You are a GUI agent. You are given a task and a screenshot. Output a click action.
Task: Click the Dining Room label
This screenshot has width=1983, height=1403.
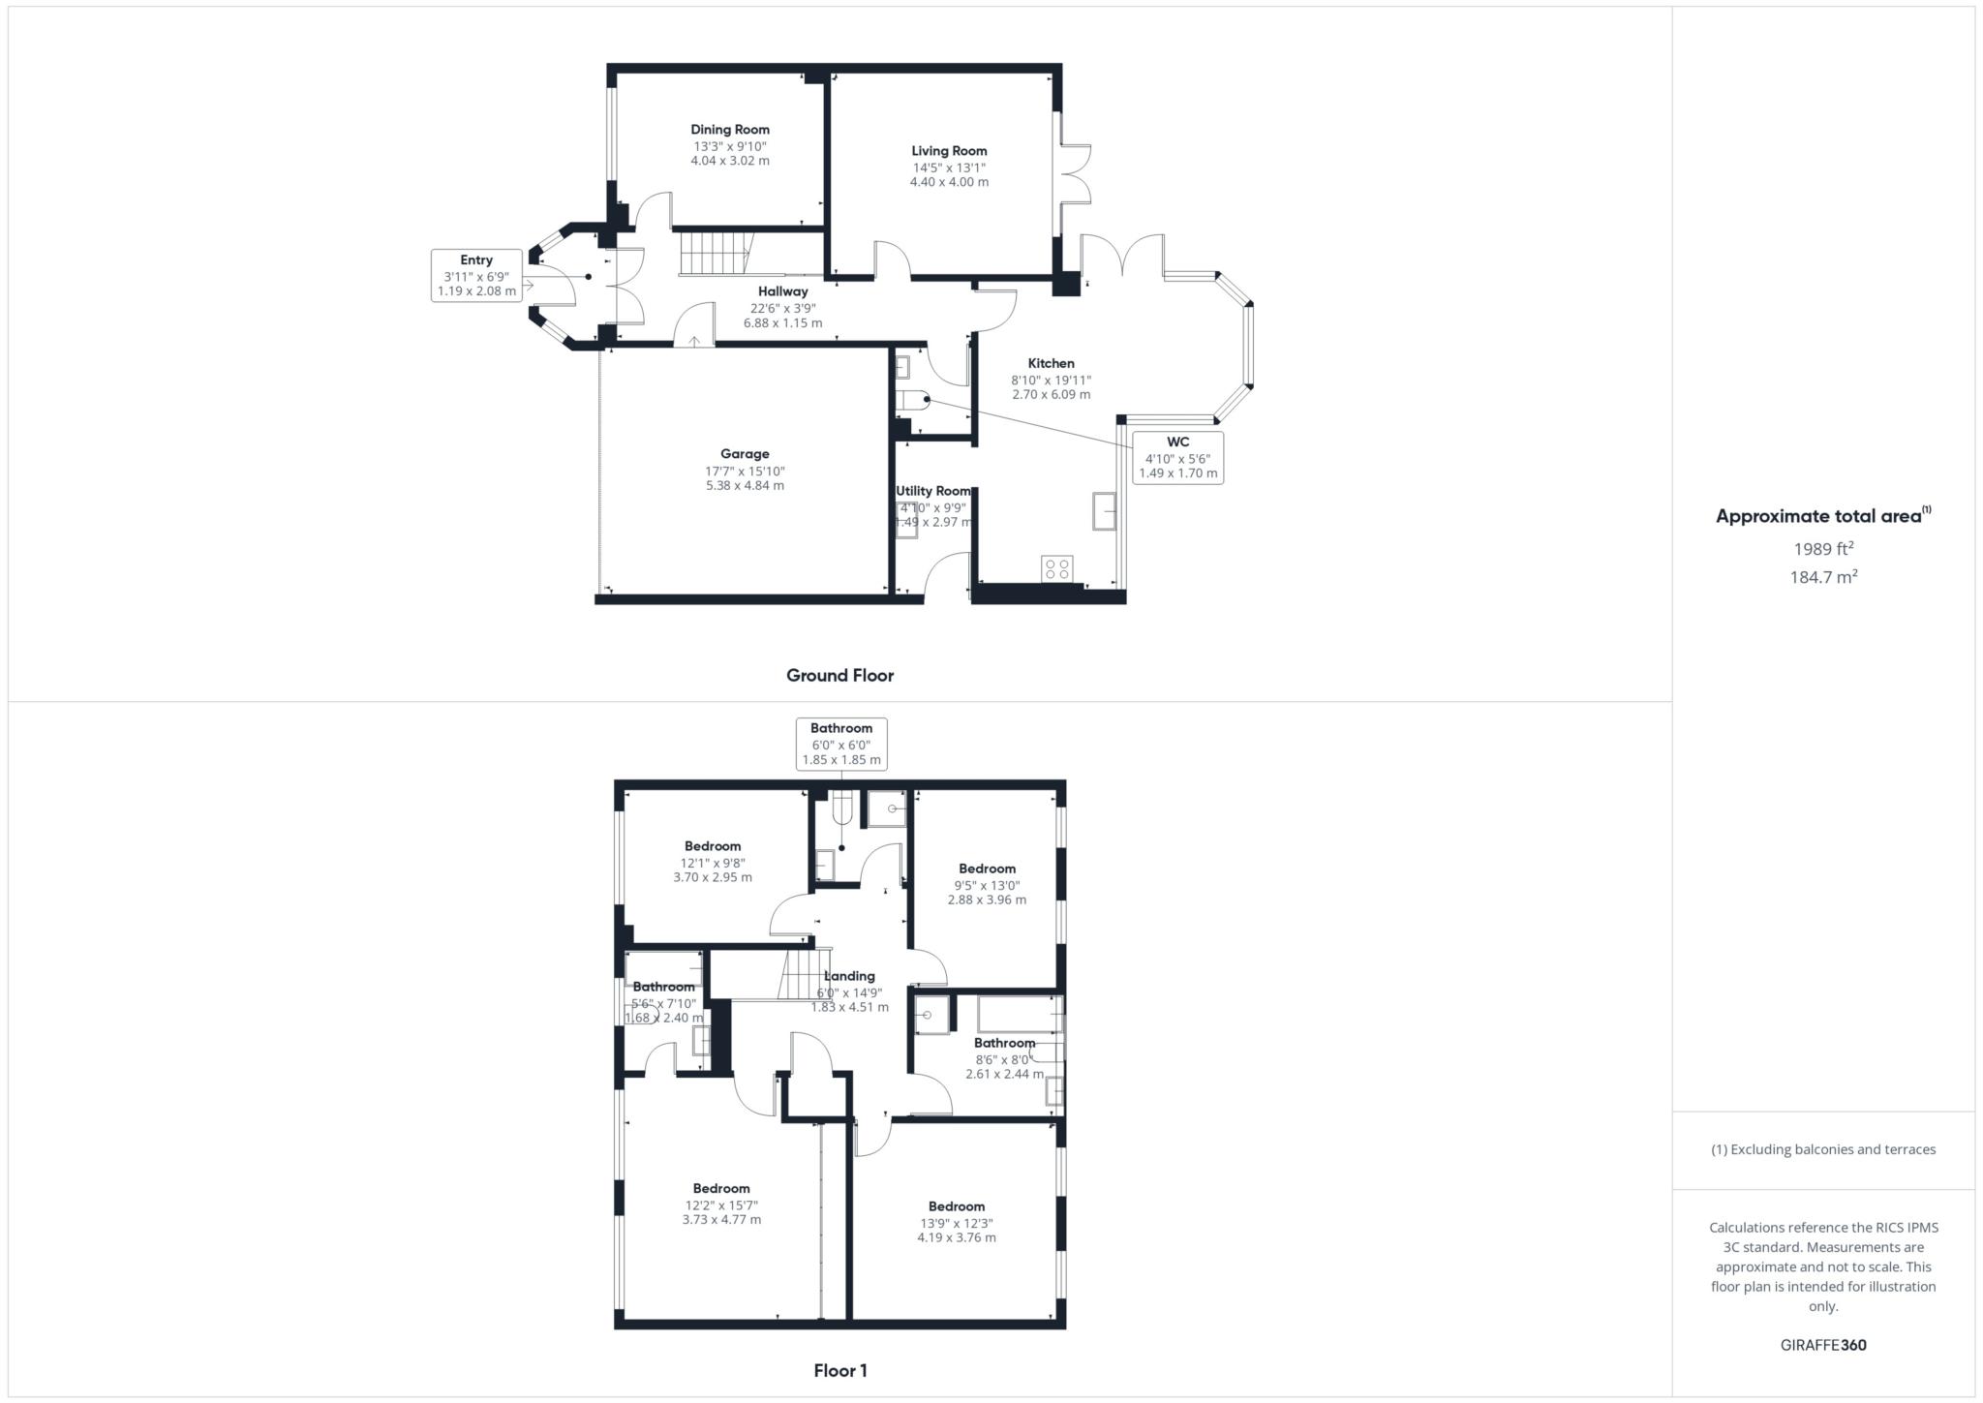click(730, 130)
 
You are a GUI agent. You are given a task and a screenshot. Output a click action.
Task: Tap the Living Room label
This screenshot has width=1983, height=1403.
click(949, 151)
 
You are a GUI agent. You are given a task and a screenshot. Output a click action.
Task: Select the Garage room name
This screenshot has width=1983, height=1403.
click(745, 454)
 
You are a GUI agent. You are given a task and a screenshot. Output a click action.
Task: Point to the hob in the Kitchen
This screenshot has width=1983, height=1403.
click(1057, 568)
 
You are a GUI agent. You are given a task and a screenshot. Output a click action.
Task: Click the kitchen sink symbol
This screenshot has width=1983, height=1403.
click(1104, 510)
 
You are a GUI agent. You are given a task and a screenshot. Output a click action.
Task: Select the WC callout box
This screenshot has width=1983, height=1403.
click(1177, 458)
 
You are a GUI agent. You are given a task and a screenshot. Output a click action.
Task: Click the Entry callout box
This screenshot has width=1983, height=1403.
click(476, 275)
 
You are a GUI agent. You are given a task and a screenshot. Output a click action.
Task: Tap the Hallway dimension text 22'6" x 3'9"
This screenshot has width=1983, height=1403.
click(782, 308)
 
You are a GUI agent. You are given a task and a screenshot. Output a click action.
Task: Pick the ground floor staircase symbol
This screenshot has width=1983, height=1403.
click(715, 254)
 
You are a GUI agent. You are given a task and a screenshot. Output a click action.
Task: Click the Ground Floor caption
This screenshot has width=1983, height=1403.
click(839, 676)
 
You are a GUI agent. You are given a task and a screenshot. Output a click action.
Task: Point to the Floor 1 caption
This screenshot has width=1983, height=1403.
click(840, 1370)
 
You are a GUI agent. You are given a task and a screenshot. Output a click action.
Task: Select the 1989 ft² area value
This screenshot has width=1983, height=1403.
click(1823, 549)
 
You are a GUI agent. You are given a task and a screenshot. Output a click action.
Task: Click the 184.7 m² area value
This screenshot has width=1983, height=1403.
click(1823, 577)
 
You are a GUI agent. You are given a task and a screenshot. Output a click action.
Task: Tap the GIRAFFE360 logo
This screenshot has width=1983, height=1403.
click(1823, 1345)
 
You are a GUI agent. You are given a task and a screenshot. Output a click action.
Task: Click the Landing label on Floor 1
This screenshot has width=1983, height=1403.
click(849, 976)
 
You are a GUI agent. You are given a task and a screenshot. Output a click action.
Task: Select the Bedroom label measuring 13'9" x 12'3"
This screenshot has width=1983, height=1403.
click(957, 1206)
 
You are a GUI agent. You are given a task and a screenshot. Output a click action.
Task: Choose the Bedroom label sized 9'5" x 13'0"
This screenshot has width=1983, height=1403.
click(987, 869)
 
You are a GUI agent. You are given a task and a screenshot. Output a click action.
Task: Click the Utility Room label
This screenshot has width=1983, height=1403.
click(933, 491)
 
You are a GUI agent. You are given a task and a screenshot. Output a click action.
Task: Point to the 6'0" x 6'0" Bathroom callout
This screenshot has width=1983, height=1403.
click(841, 744)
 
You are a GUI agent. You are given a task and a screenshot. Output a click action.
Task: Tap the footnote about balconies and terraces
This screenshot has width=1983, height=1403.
click(1823, 1149)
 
